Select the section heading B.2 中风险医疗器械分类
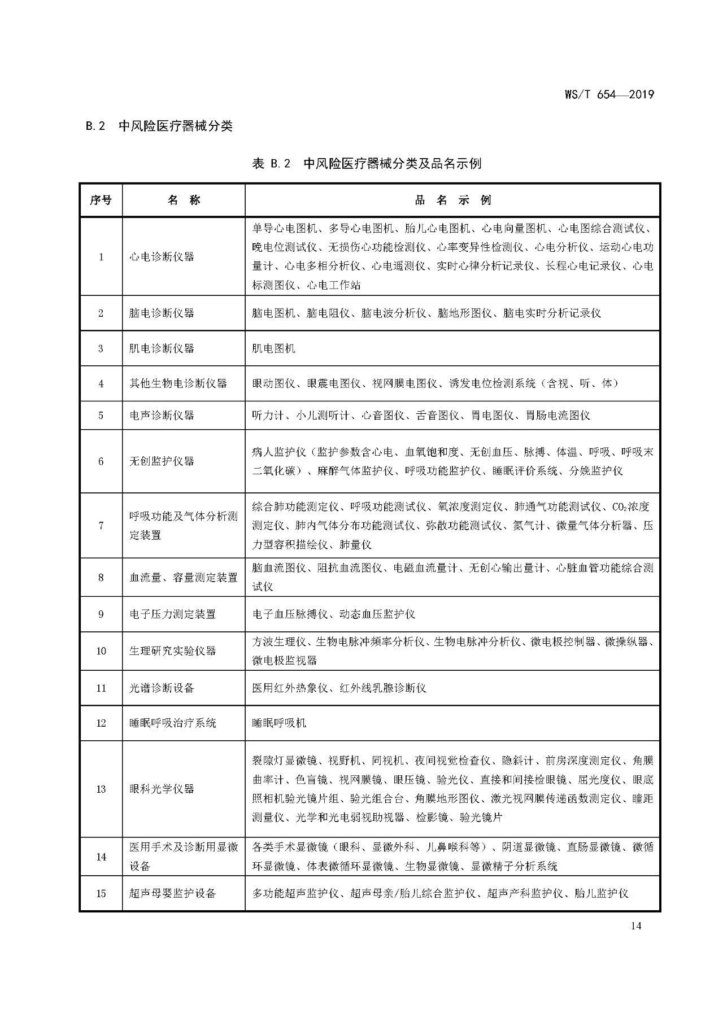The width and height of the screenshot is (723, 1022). (x=159, y=126)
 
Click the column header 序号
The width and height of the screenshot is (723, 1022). (x=101, y=200)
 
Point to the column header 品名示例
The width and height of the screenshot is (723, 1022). (x=452, y=200)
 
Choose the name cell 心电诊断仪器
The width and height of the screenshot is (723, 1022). (x=162, y=256)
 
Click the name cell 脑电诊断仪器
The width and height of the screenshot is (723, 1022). (x=162, y=313)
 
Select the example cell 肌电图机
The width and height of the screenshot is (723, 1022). (x=273, y=348)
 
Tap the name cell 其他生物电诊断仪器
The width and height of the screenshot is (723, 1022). (x=178, y=383)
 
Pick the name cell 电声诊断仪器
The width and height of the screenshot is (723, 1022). (x=162, y=415)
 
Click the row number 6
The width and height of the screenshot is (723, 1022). (x=101, y=461)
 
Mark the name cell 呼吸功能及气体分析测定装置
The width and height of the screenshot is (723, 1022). (x=184, y=525)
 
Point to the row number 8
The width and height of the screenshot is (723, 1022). (x=101, y=578)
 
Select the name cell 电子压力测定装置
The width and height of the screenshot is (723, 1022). (x=172, y=614)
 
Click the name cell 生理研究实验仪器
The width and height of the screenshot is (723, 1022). (x=172, y=650)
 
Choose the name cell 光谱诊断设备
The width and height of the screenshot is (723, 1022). (x=162, y=688)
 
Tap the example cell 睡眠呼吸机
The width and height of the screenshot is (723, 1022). (x=279, y=723)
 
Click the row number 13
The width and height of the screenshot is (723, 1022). (x=101, y=789)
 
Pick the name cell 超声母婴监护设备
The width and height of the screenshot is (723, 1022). (x=172, y=893)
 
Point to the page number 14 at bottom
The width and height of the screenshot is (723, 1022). (x=636, y=925)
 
